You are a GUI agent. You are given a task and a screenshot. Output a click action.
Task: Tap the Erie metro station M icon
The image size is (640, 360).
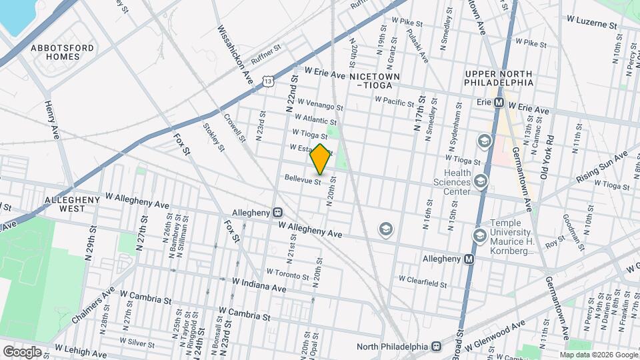coord(498,103)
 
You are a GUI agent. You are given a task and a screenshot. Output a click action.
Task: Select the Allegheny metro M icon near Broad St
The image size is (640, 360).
coord(469,259)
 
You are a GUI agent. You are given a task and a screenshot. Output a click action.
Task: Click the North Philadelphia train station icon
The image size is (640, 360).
coord(437,346)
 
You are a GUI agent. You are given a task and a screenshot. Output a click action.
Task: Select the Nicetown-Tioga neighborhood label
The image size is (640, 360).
coord(374,81)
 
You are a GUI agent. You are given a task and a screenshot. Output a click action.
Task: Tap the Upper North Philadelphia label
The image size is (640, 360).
coord(499,78)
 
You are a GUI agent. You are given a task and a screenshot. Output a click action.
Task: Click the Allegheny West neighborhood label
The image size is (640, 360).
coord(65,204)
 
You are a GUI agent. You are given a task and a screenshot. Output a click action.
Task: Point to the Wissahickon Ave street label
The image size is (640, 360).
coord(237,55)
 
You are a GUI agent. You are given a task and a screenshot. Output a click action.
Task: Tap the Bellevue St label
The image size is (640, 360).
coord(303,179)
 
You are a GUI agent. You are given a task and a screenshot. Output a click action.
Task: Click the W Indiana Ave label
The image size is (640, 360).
coord(259,286)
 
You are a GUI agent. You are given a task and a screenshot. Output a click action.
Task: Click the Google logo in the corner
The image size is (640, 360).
coord(22,351)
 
